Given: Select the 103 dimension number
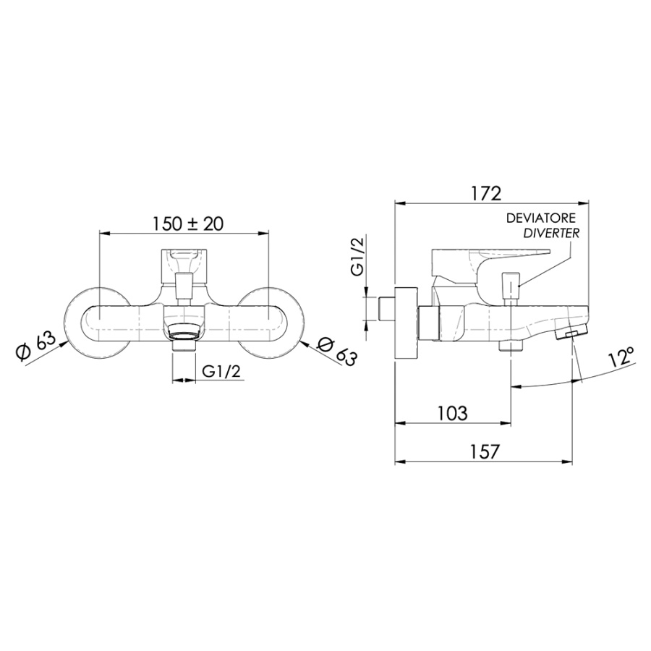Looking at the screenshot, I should pos(452,414).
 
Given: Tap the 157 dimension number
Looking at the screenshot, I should pos(484,452).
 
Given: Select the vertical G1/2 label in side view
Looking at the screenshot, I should pos(357,258).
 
